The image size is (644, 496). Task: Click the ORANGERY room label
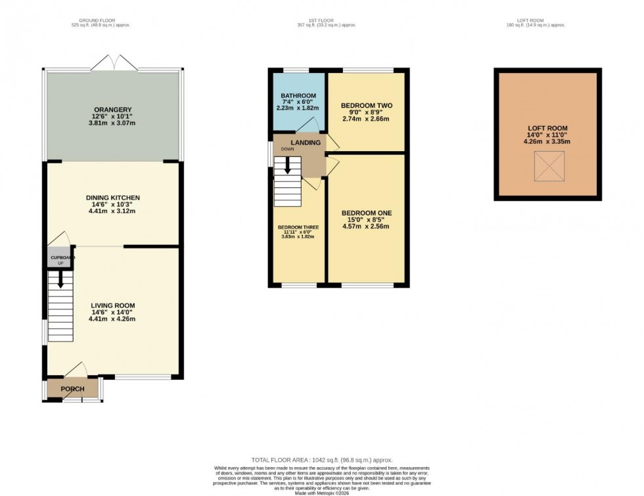[112, 109]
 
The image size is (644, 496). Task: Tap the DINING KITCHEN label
[112, 197]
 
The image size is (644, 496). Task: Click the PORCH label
[72, 389]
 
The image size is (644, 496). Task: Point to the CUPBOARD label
[60, 258]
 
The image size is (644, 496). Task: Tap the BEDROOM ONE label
[366, 213]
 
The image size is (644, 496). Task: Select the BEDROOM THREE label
[296, 227]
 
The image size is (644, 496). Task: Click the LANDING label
[306, 143]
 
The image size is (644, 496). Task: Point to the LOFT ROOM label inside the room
[547, 128]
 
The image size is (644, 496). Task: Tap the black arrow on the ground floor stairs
[60, 281]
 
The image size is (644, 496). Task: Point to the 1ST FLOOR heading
[326, 21]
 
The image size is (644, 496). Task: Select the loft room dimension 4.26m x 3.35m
[547, 141]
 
